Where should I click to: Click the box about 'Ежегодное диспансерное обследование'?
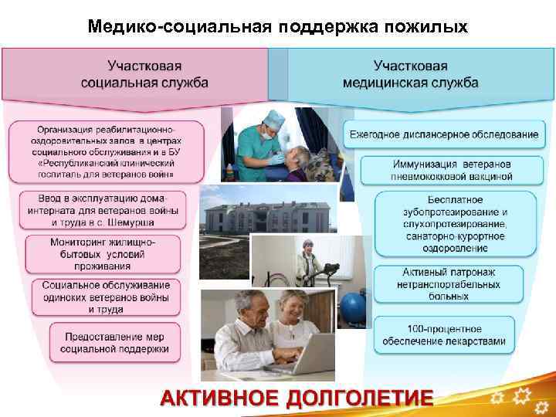pos(443,134)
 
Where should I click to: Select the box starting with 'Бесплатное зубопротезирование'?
pos(455,225)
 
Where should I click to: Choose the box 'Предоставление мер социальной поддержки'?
pos(117,343)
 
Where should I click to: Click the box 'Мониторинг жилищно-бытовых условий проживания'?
pos(107,254)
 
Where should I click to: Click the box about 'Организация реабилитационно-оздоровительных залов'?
pos(107,151)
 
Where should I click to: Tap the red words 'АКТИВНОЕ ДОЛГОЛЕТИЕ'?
pos(297,398)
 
